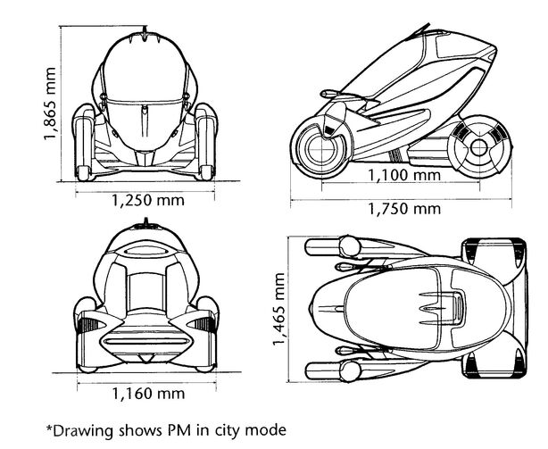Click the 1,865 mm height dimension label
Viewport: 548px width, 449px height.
[49, 104]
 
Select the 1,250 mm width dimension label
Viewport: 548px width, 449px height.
[148, 201]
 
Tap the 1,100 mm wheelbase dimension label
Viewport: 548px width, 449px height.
[404, 175]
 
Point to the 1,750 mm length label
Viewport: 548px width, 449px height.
[404, 209]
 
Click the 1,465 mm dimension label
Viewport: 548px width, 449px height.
[278, 309]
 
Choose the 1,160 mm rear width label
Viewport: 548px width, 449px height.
[148, 394]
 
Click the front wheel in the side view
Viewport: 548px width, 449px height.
[320, 148]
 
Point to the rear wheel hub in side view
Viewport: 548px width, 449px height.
[479, 147]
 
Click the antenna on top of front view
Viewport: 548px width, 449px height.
[145, 34]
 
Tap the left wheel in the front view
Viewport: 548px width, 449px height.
[84, 143]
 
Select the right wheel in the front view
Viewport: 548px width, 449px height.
[206, 142]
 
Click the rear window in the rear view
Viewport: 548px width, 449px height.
[146, 290]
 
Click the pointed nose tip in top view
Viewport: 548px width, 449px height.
[310, 309]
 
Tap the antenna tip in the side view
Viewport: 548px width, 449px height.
[428, 24]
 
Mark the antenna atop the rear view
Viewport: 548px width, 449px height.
[146, 222]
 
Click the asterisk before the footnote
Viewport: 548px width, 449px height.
[49, 428]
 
